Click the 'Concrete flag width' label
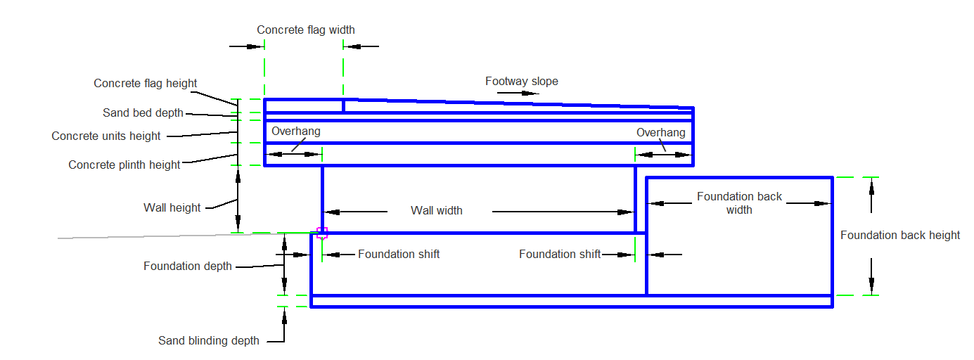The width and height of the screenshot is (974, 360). click(305, 30)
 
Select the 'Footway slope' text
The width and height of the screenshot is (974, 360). click(521, 82)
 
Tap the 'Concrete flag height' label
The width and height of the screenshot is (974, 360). click(146, 84)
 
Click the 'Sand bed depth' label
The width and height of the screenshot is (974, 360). click(143, 113)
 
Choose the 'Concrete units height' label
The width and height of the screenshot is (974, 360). click(106, 136)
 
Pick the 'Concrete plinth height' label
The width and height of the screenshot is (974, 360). click(124, 165)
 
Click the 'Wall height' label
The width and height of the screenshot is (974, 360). click(172, 208)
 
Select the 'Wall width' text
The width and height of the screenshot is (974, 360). click(437, 210)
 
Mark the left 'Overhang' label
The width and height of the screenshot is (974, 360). click(296, 131)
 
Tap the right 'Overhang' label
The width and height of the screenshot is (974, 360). click(660, 133)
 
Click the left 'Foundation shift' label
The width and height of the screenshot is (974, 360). click(399, 255)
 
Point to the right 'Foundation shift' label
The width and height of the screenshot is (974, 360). click(560, 255)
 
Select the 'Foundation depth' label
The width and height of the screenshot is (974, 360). click(188, 266)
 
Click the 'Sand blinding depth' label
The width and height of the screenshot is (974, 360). click(209, 341)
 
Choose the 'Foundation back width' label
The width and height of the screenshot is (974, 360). click(739, 203)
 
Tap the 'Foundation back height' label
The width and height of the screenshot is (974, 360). click(900, 236)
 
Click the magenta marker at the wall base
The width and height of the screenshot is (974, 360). click(322, 233)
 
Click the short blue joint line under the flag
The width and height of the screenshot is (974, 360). click(343, 106)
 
